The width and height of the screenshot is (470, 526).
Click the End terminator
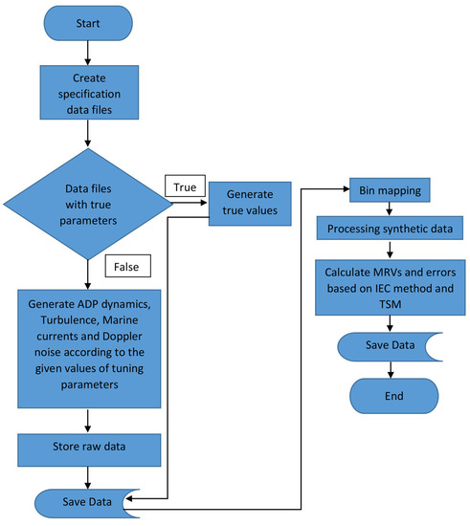(x=388, y=395)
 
